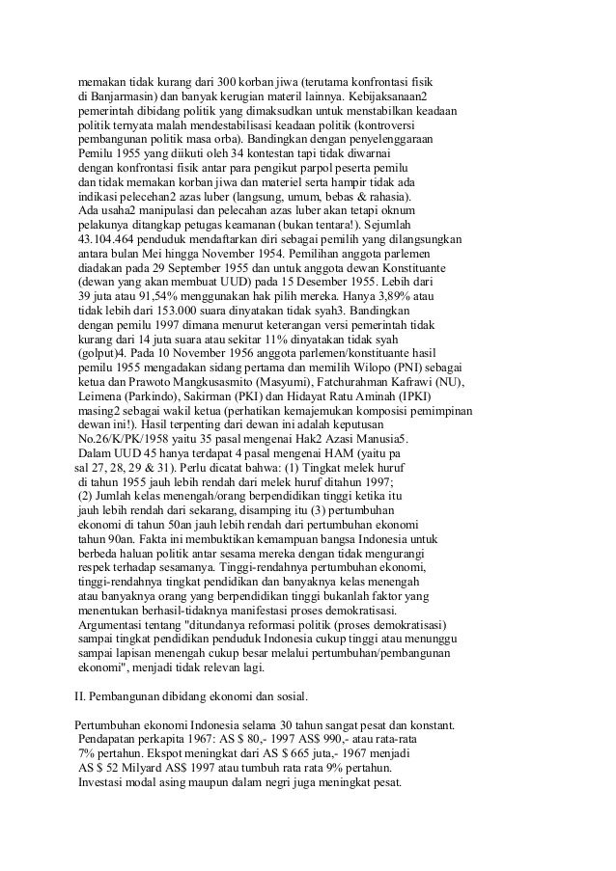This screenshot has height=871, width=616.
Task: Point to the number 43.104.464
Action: coord(115,238)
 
